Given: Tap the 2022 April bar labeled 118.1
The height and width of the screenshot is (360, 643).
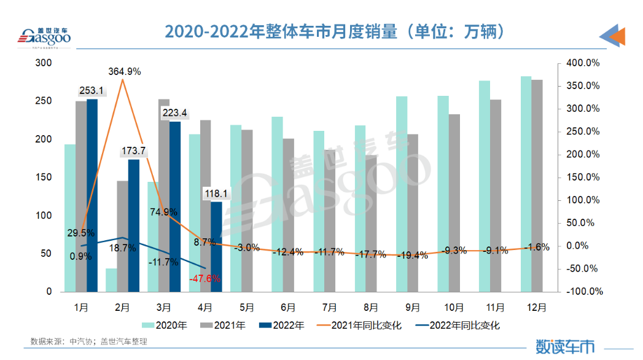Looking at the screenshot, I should (x=216, y=246).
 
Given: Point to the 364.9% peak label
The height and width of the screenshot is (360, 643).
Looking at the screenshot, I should (x=125, y=71).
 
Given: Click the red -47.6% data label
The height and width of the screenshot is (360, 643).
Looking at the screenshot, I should (x=206, y=278).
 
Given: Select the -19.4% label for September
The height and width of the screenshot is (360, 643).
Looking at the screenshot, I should (x=413, y=256).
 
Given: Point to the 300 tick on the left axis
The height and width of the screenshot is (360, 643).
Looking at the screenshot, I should (x=44, y=63).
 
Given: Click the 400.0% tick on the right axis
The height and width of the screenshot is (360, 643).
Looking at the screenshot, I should (x=582, y=63).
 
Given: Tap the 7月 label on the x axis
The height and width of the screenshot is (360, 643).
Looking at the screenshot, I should (x=329, y=307).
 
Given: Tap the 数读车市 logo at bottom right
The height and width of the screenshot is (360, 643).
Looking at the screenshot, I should (x=565, y=345).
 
